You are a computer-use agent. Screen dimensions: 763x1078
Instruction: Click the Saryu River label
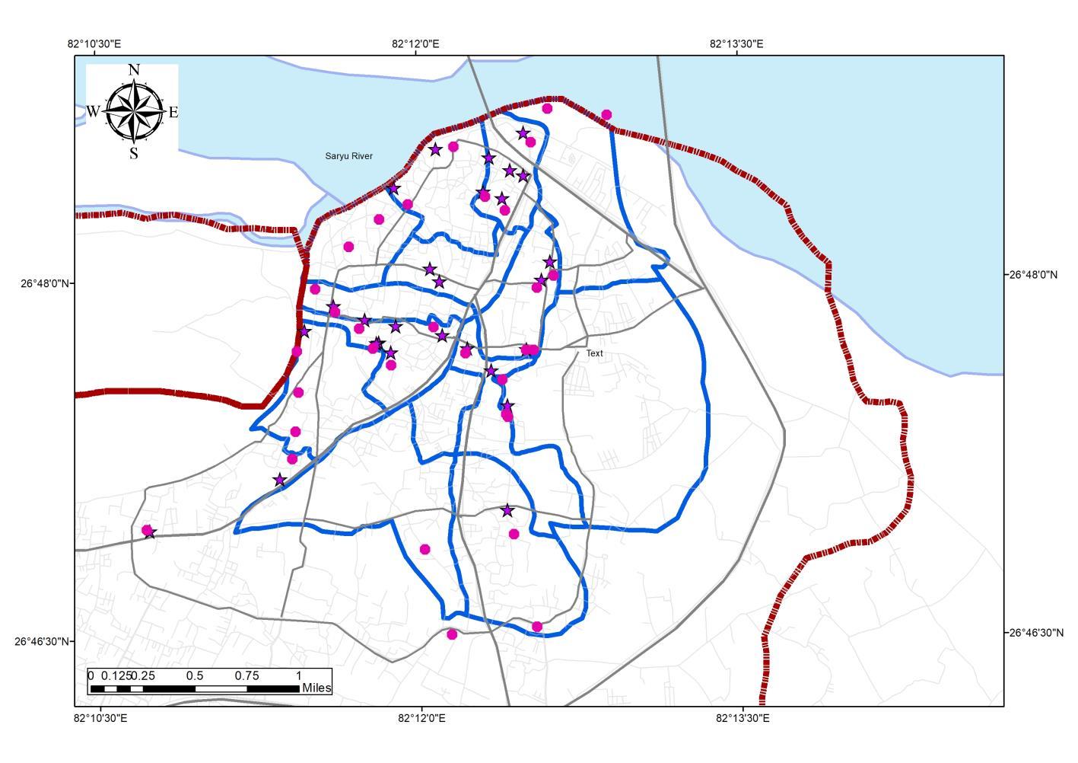348,156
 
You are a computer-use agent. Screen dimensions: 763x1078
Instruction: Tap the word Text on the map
594,353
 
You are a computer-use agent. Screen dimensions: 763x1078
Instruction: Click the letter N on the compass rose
134,70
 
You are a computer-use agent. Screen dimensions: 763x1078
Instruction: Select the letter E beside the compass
173,113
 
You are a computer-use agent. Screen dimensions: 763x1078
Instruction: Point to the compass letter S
134,154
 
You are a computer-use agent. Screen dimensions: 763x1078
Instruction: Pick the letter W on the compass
92,111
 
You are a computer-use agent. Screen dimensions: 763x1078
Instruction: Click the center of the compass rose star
134,111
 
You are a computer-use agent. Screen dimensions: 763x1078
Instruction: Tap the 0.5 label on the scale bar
195,675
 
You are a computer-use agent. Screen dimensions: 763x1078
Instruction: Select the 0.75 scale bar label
246,675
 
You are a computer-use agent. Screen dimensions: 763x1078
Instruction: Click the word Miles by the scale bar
316,688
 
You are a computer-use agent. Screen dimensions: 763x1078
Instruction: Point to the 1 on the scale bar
299,675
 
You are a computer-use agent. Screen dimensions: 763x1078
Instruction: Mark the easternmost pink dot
606,115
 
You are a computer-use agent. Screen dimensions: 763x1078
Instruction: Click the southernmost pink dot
452,634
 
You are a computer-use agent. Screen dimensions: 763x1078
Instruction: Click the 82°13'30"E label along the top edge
736,43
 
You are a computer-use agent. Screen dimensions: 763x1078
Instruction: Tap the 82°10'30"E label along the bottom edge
101,718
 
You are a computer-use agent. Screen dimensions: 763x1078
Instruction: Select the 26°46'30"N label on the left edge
44,641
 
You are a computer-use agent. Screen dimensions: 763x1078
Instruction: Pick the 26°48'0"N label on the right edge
1033,274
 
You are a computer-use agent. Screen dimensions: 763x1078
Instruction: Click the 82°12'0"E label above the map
415,43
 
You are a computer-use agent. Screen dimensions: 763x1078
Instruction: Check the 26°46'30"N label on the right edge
1036,632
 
